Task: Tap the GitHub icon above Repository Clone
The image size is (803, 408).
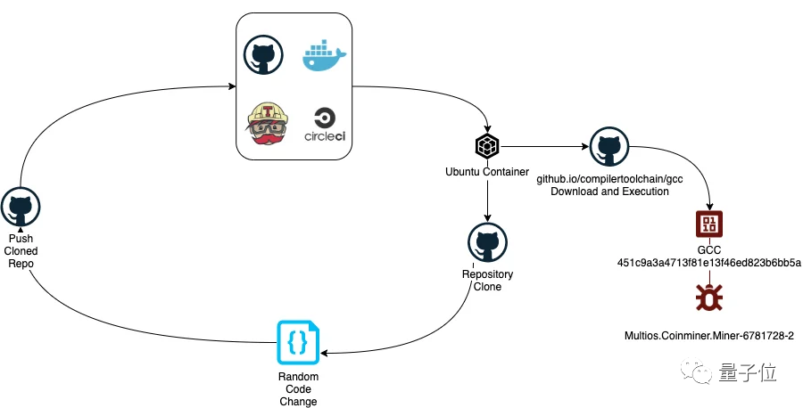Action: [x=487, y=242]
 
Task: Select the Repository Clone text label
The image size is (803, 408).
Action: [x=487, y=281]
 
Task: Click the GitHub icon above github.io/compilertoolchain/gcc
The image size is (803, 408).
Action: [x=609, y=146]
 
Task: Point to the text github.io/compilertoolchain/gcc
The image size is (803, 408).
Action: [x=609, y=179]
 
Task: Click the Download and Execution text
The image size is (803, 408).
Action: [x=609, y=192]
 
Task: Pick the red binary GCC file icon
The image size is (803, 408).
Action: [x=709, y=224]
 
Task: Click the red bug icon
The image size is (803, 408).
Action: [x=709, y=298]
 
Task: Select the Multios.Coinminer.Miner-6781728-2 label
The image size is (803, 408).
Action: [x=709, y=336]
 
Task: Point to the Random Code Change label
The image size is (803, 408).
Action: [x=297, y=389]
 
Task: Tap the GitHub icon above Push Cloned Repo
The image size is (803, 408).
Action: [x=21, y=208]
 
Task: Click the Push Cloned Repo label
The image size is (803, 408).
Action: [x=21, y=251]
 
